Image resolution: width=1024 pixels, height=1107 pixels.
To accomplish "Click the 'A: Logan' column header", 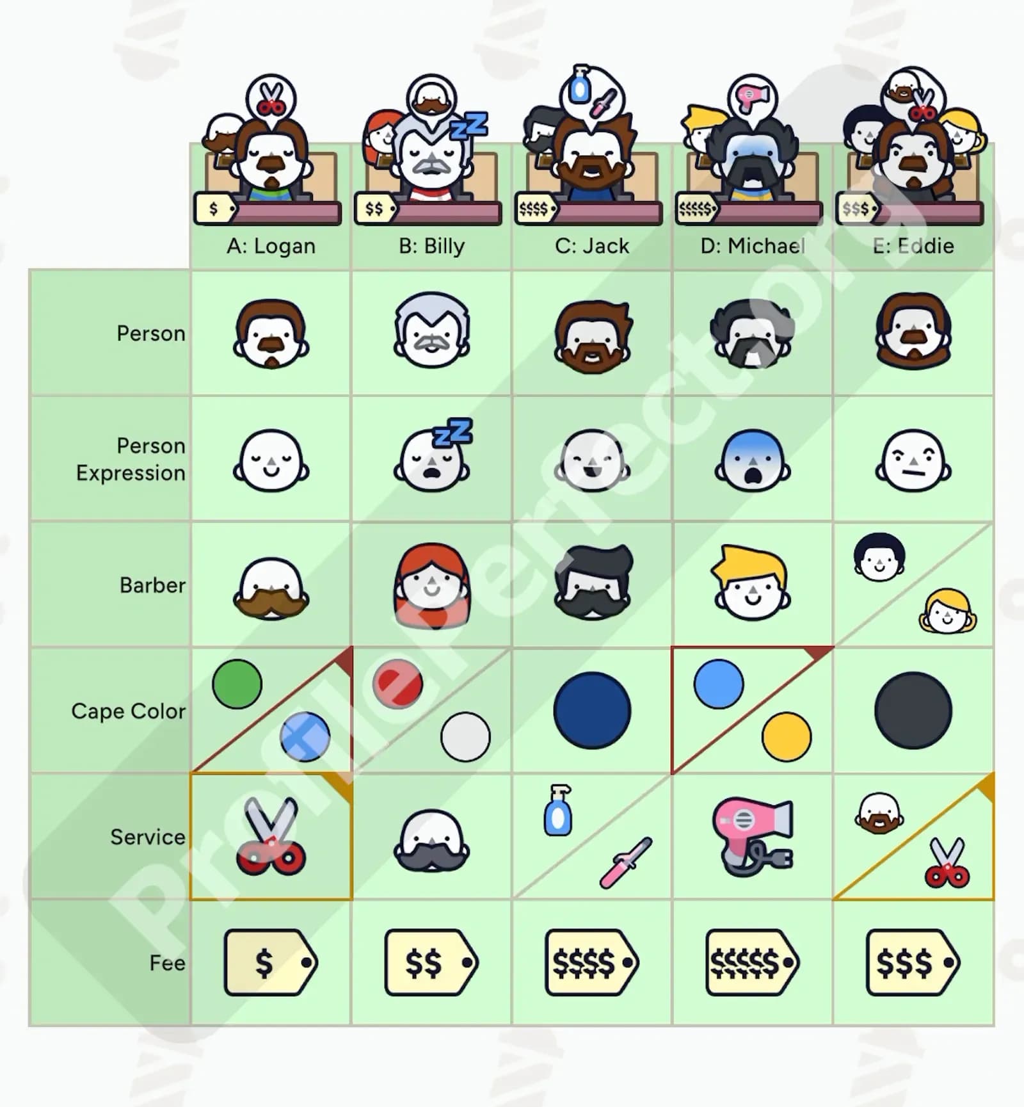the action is (x=271, y=246).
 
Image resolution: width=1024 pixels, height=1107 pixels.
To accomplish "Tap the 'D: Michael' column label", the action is (x=753, y=246).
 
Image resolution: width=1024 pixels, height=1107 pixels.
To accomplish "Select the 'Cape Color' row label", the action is (x=128, y=711).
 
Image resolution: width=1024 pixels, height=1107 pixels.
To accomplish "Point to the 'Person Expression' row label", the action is (x=131, y=459).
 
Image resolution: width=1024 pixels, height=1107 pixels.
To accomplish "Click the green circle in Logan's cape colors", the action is (x=237, y=684).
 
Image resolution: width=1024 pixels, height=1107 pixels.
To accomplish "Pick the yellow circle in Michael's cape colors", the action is (x=787, y=737).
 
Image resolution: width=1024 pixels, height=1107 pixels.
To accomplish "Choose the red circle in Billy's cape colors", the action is (x=397, y=684).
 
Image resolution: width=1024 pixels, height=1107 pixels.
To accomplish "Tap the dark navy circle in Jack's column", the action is (x=592, y=711).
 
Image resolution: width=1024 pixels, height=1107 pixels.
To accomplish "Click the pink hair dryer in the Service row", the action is (x=753, y=837).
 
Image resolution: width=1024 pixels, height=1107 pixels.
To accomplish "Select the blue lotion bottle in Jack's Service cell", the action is (x=557, y=811).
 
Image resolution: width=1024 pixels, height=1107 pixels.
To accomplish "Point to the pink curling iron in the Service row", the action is (x=625, y=862).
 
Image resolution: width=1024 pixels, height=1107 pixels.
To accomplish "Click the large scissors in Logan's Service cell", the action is (x=271, y=836).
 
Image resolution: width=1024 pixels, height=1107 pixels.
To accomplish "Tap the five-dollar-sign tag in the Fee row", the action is (x=752, y=962).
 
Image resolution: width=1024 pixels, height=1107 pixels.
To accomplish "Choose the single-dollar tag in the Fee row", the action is (x=271, y=962).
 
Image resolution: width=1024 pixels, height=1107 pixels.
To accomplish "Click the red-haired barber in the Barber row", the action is (x=431, y=585).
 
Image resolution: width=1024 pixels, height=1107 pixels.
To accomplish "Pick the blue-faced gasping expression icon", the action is (x=753, y=460).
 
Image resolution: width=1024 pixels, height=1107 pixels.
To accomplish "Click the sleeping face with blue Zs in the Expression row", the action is (x=433, y=455).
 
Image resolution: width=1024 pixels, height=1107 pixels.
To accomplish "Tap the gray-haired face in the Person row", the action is (x=432, y=330).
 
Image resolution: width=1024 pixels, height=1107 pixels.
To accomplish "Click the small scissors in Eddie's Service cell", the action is (x=947, y=863).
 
